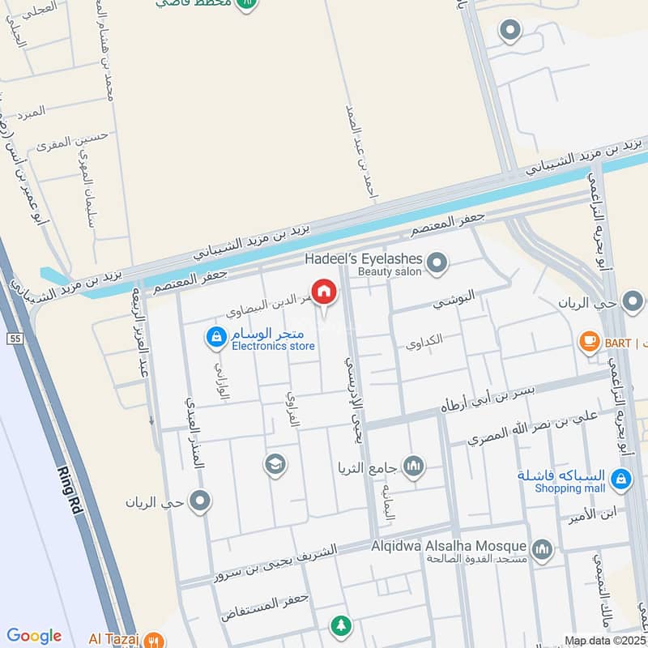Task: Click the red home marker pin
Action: (x=323, y=292)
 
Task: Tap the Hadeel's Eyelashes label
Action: (x=364, y=258)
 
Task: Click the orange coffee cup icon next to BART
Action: (x=589, y=342)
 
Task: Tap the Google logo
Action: (x=34, y=636)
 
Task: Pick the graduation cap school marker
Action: (x=275, y=464)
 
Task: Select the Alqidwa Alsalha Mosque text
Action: (x=450, y=547)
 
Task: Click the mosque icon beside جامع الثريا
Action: (x=414, y=467)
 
